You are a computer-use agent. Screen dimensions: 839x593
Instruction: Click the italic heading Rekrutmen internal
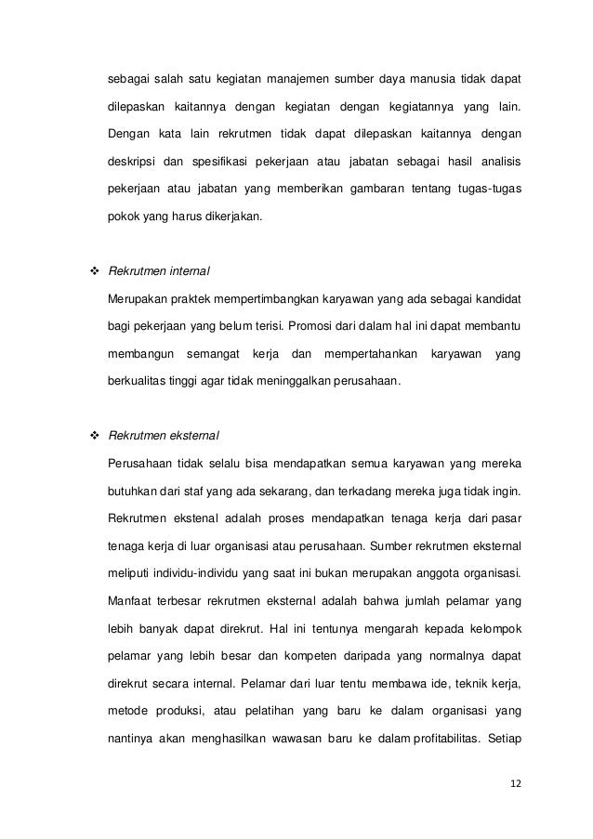[x=159, y=271]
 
